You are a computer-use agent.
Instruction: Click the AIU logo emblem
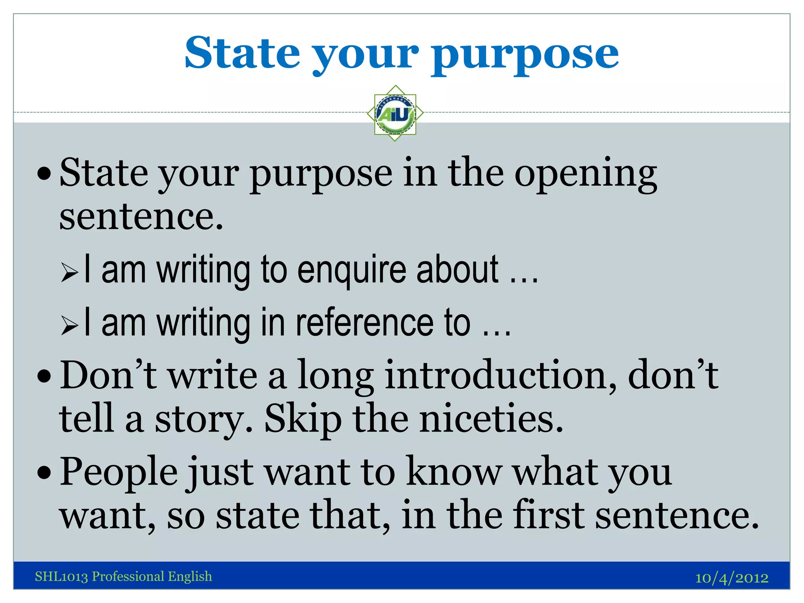(x=395, y=113)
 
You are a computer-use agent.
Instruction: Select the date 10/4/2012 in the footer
(x=732, y=578)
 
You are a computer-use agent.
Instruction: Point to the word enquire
(x=352, y=271)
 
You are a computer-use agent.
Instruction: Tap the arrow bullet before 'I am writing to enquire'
(x=70, y=273)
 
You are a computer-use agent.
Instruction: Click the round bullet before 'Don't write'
(x=44, y=376)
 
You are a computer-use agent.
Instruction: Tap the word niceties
(x=491, y=419)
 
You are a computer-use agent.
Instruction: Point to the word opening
(x=585, y=175)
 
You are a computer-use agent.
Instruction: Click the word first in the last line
(x=548, y=515)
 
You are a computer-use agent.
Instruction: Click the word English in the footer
(x=190, y=576)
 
